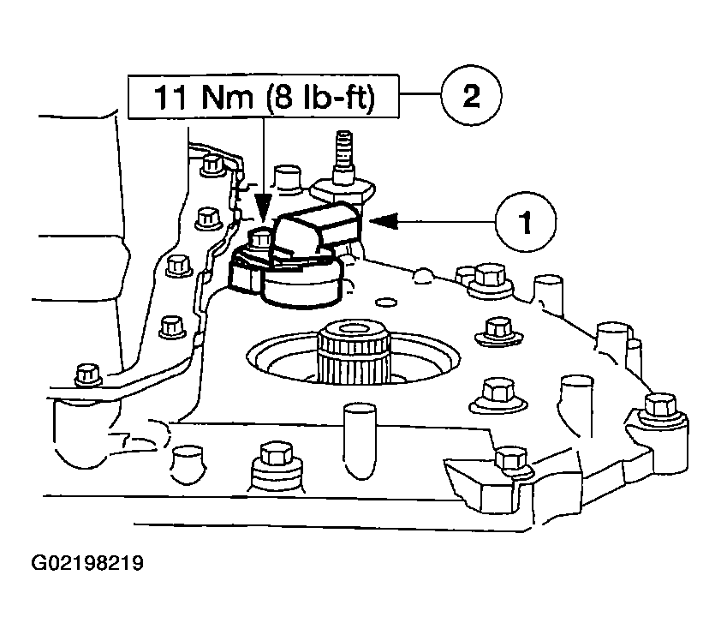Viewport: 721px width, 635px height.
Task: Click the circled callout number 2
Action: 470,96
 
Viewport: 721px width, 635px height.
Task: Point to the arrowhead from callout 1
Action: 380,222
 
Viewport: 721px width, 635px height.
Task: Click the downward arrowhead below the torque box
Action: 264,207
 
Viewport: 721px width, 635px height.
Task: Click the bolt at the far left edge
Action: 86,375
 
